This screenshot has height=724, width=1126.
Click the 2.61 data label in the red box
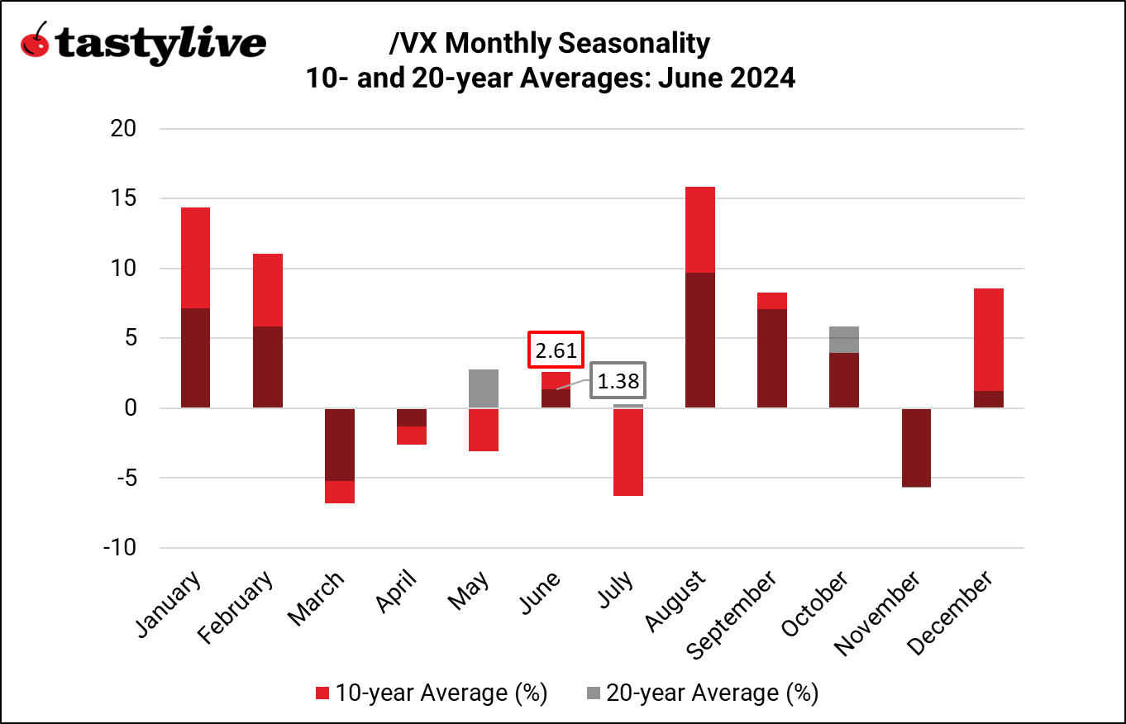[556, 351]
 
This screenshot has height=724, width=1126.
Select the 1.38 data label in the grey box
[618, 383]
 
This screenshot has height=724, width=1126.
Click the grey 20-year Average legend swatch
[593, 693]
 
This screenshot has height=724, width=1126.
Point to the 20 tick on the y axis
[125, 129]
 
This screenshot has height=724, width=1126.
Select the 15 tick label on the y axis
[125, 199]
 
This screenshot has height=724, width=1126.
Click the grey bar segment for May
[484, 388]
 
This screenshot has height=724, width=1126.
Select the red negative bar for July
[628, 452]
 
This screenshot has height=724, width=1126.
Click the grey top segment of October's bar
[844, 340]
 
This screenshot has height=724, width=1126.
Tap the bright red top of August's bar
[700, 229]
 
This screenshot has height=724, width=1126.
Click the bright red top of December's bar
[989, 339]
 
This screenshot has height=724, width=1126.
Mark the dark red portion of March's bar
[339, 444]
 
